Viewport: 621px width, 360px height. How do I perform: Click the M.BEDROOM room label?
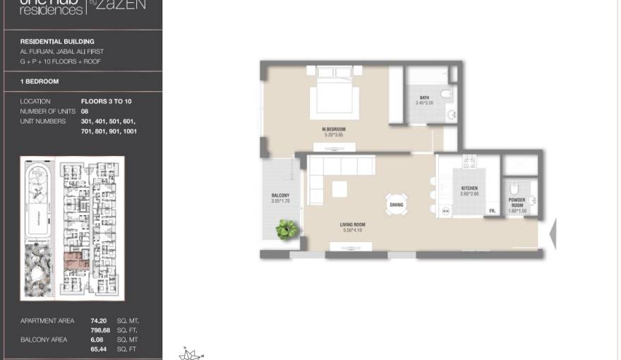pos(334,130)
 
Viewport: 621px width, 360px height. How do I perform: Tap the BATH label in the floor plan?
pos(424,98)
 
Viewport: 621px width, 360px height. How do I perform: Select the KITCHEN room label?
pos(469,188)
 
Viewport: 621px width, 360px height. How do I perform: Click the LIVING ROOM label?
pos(353,225)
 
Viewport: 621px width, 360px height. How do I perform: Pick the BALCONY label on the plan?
pos(280,196)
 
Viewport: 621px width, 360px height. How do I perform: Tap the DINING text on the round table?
pos(397,205)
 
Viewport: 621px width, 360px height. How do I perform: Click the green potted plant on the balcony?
pos(287,229)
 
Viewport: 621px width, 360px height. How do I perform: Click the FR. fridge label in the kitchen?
pos(492,211)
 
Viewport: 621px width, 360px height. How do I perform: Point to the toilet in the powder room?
pos(514,188)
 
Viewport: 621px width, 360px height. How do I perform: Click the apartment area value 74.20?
pos(88,320)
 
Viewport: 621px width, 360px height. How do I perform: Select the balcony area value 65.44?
pos(88,349)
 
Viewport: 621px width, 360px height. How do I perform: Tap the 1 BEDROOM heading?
pos(40,82)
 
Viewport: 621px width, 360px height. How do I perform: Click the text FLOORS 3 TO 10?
pos(106,102)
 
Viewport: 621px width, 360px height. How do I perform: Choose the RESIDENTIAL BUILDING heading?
pos(57,42)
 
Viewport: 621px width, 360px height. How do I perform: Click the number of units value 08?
pos(85,112)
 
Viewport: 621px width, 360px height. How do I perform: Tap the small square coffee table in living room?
pos(339,188)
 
